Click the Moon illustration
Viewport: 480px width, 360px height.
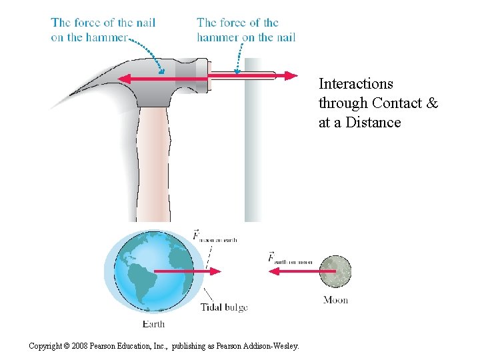(335, 271)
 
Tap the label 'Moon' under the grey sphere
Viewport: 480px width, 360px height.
(335, 300)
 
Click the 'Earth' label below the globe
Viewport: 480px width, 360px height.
(154, 324)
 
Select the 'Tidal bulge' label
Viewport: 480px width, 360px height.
(224, 307)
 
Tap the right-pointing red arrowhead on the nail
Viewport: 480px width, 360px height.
(291, 76)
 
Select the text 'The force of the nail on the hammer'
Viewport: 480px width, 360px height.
(103, 29)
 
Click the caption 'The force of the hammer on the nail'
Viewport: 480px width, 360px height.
(246, 29)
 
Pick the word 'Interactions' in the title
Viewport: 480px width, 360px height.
(356, 84)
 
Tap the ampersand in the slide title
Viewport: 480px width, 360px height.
(432, 103)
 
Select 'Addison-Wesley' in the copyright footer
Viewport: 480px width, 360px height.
(274, 345)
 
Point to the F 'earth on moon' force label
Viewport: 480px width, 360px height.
(289, 258)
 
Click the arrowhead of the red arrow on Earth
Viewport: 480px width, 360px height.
(216, 271)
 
